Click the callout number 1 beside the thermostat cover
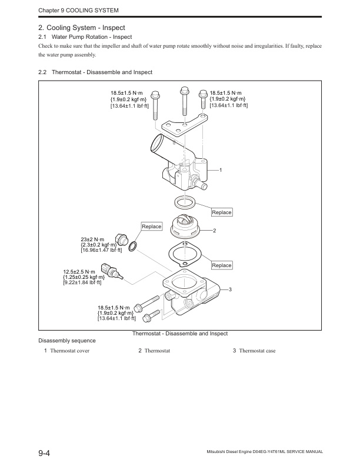220,170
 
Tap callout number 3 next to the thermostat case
230,290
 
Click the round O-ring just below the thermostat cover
185,203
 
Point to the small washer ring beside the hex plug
134,245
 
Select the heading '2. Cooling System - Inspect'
81,28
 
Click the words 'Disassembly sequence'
66,341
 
